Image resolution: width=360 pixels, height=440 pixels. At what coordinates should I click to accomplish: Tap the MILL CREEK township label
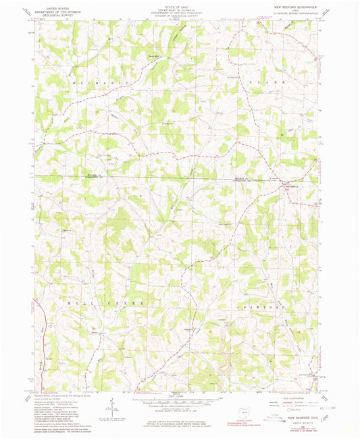point(106,304)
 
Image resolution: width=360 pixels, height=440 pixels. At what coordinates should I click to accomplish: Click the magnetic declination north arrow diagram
point(109,406)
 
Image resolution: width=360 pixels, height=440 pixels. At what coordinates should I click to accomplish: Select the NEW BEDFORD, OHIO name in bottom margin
point(295,418)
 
